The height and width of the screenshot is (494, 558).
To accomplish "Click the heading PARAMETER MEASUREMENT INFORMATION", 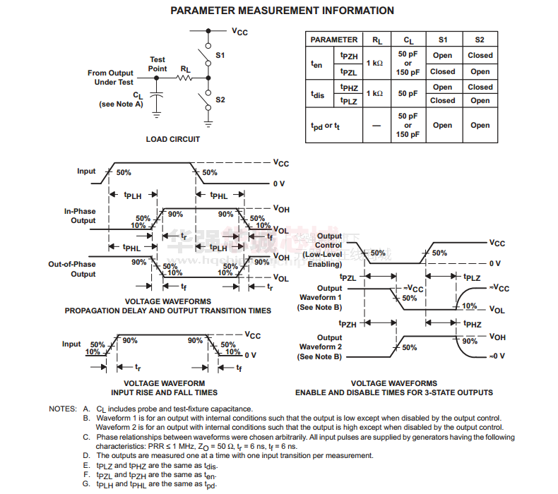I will tap(282, 11).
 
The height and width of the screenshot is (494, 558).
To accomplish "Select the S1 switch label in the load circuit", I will tap(220, 54).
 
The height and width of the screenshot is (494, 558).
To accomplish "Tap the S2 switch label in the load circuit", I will tap(220, 100).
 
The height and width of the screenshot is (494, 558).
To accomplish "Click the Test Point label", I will tap(158, 64).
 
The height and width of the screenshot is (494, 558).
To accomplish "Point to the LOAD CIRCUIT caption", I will tap(172, 139).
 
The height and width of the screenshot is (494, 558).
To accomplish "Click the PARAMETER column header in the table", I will tap(333, 40).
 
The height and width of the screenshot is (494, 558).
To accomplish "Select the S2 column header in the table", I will tap(480, 40).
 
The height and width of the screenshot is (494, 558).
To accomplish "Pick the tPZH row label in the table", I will tap(349, 55).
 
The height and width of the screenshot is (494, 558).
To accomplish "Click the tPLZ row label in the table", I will tap(349, 101).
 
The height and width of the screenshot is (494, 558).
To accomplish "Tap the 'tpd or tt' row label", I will tap(326, 126).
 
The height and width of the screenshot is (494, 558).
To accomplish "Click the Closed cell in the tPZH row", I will tap(480, 55).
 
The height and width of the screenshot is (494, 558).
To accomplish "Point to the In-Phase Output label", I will tap(80, 216).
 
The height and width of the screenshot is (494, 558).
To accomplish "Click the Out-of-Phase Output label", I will tap(72, 269).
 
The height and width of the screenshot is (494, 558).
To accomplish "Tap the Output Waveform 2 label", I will tap(320, 347).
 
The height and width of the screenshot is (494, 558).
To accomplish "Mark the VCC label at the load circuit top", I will tap(240, 31).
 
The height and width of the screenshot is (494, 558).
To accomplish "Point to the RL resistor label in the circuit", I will tap(185, 69).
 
